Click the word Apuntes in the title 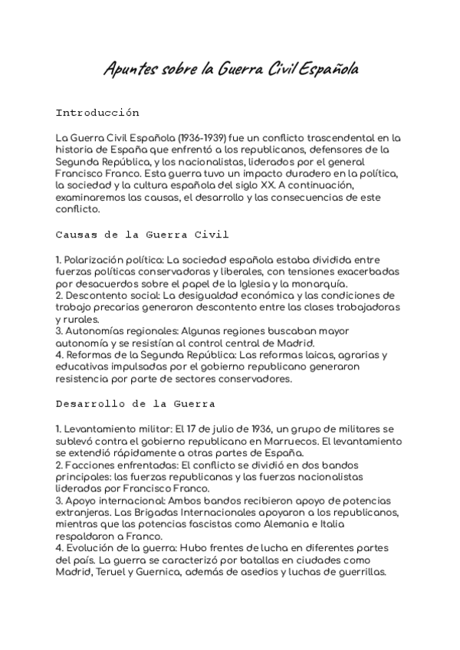click(128, 70)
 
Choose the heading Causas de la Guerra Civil click(142, 233)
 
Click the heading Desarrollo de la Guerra click(135, 402)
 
